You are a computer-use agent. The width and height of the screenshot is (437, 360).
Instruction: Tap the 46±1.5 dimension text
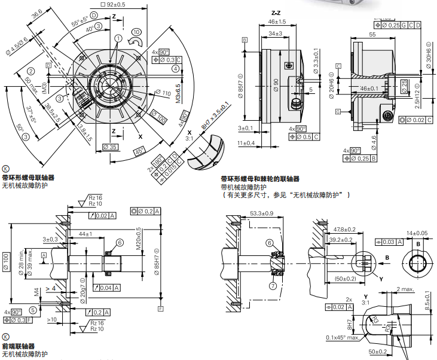[276, 22]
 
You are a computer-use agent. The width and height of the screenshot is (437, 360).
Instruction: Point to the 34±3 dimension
[276, 34]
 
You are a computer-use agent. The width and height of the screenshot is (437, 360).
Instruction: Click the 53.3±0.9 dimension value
[261, 213]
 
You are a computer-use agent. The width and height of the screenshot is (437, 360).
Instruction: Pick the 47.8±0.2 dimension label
[344, 229]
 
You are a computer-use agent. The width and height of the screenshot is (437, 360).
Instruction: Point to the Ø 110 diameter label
[163, 94]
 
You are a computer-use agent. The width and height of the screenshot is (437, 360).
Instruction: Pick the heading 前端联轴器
[18, 347]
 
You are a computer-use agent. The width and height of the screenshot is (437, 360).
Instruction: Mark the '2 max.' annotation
[405, 289]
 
